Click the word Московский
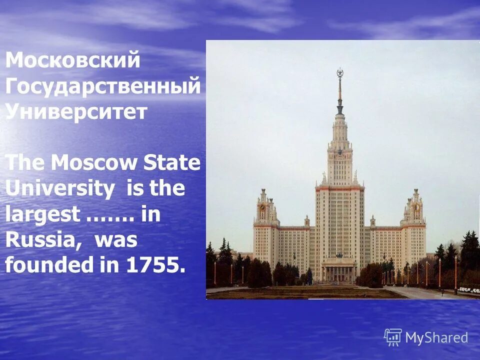[x=72, y=61]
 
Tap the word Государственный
[x=103, y=86]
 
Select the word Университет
[x=76, y=111]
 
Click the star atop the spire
[x=340, y=73]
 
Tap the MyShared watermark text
[x=436, y=338]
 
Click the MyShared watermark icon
[x=393, y=337]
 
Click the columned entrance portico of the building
[x=339, y=270]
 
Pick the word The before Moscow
[x=25, y=163]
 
